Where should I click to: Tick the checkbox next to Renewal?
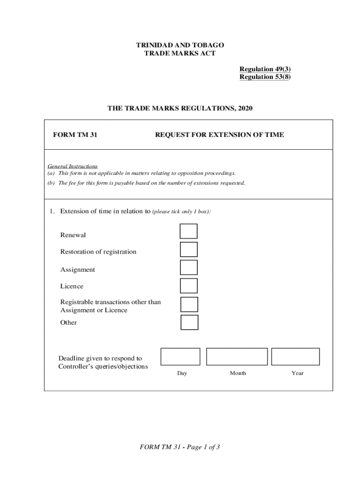point(189,231)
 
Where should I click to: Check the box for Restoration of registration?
point(189,249)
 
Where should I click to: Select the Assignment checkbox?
point(189,267)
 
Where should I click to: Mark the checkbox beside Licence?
point(189,285)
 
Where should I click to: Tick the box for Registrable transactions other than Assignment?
point(189,304)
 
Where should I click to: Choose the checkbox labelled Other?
point(189,322)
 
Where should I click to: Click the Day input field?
point(180,356)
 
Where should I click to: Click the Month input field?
point(237,356)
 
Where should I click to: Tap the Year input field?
point(295,356)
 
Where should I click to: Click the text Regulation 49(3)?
point(265,69)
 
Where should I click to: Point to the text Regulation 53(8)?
point(265,77)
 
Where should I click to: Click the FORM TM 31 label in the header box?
point(75,135)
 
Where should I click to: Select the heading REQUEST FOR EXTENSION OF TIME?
point(219,135)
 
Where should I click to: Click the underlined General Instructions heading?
point(72,166)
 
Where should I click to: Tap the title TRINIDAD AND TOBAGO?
point(180,45)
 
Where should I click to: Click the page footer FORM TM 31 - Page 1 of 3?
point(180,447)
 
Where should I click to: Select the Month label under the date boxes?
point(238,373)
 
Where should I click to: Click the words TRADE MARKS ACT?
point(180,53)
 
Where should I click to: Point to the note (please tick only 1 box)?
point(182,212)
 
